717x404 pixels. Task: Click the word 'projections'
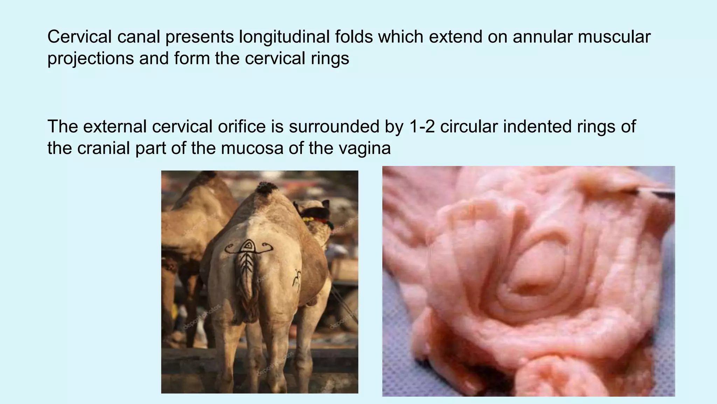(90, 58)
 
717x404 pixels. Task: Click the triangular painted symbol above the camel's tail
(249, 246)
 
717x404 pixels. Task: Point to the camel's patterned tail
(248, 280)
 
